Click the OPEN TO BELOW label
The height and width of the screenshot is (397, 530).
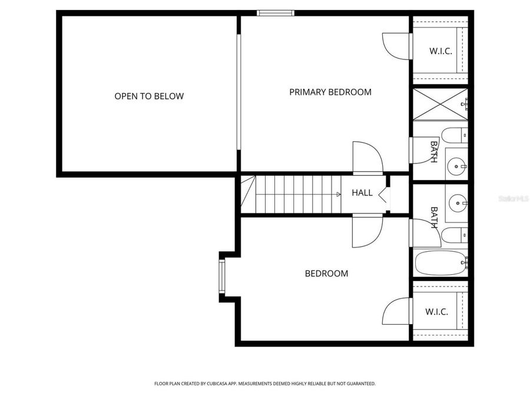pos(149,96)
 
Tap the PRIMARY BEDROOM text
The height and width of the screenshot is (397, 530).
pos(330,92)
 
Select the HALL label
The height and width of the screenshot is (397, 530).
pos(362,192)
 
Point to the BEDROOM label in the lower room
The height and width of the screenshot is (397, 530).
pos(326,273)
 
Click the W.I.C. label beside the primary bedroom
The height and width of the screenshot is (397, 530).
pos(440,51)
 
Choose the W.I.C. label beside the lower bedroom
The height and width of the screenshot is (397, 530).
pos(436,312)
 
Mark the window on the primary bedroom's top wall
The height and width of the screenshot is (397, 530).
pos(275,13)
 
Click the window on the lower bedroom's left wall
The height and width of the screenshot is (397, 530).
pos(222,276)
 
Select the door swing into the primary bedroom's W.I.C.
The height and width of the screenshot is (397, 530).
pos(396,46)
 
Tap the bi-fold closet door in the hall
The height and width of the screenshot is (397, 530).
pos(384,194)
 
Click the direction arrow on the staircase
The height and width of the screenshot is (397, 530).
pos(338,194)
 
